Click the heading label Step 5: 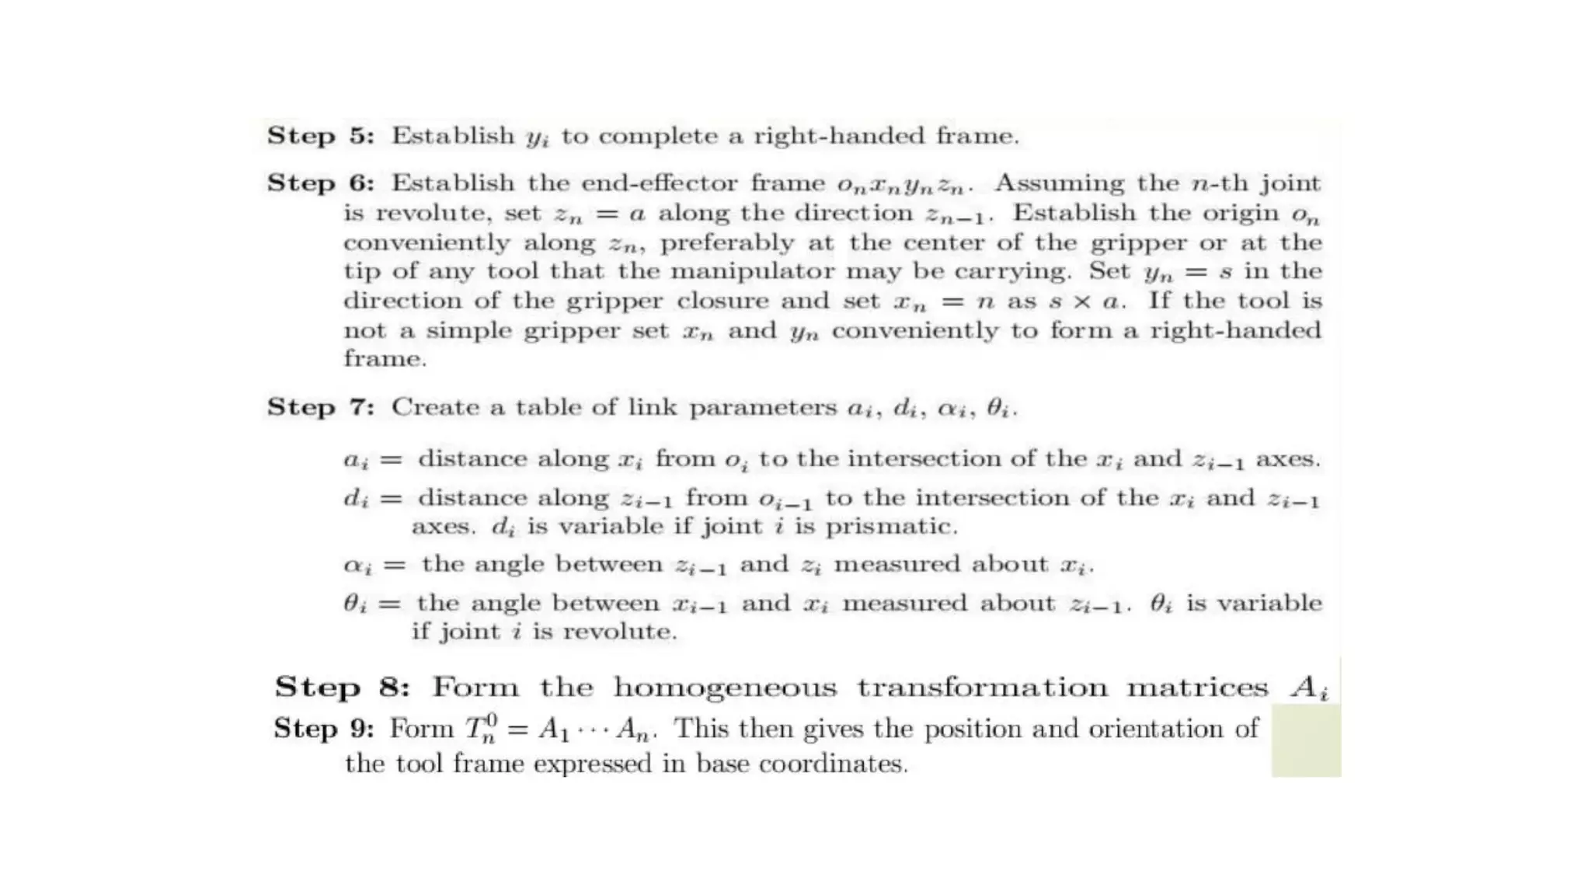click(320, 136)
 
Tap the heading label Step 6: click(320, 183)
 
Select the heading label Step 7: click(320, 407)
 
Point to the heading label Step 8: click(341, 688)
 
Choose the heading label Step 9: click(323, 729)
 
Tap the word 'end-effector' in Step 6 click(660, 183)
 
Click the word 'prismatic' click(891, 527)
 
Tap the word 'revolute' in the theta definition click(619, 632)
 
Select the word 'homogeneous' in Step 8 click(725, 688)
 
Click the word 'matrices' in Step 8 click(1197, 688)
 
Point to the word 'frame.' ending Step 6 click(385, 359)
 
